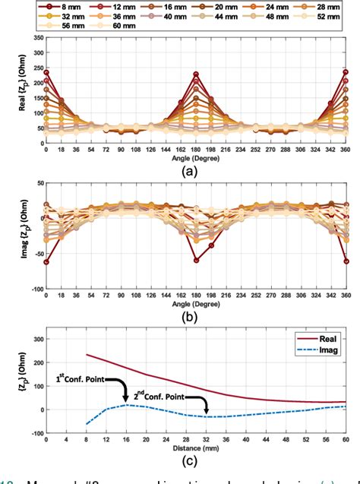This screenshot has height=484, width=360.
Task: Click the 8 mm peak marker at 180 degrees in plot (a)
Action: (196, 74)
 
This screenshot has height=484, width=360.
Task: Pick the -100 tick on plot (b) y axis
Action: (33, 289)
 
